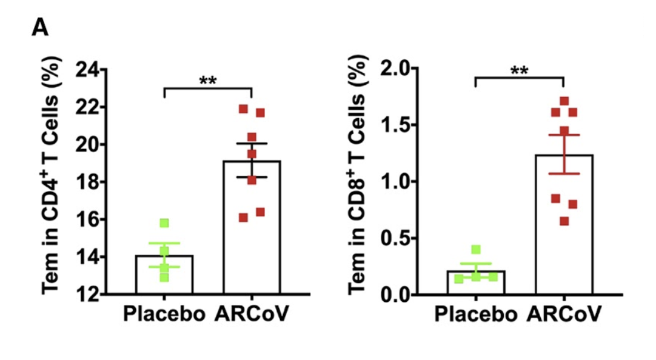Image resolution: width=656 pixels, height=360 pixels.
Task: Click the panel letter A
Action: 39,27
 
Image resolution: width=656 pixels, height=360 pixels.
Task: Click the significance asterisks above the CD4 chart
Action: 208,81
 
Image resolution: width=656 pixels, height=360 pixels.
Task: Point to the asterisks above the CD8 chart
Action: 519,70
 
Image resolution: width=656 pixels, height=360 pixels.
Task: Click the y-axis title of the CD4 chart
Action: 55,182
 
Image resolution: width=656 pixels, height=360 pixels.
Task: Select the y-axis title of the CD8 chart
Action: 364,182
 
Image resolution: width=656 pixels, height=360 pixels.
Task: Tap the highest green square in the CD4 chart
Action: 164,224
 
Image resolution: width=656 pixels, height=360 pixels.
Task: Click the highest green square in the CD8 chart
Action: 476,250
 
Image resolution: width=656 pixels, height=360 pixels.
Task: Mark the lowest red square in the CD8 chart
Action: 564,221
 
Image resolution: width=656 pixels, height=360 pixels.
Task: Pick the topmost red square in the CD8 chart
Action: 564,101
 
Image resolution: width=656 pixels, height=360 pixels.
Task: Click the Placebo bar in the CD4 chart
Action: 164,276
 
